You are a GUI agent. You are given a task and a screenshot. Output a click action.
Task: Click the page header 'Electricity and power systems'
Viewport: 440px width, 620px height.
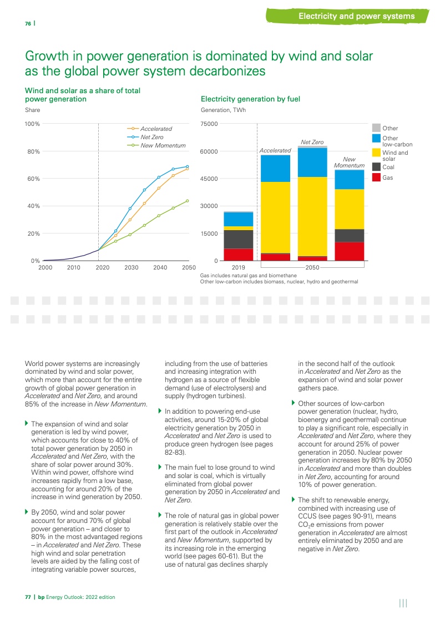click(x=357, y=16)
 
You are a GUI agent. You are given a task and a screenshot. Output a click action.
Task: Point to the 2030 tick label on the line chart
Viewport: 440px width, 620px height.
click(x=132, y=268)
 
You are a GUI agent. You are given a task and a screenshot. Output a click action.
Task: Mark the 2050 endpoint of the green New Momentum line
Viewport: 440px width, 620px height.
click(x=187, y=201)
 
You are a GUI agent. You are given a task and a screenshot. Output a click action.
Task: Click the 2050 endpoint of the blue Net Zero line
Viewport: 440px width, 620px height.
click(x=187, y=166)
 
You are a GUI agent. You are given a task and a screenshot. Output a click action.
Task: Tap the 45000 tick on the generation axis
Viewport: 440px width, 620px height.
click(x=209, y=179)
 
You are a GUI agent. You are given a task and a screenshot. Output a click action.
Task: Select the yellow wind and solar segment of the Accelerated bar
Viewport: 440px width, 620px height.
click(x=275, y=217)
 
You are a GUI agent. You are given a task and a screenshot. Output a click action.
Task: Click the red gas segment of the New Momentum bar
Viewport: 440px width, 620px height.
click(x=350, y=251)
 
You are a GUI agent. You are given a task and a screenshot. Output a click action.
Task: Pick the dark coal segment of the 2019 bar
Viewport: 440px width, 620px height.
click(x=239, y=239)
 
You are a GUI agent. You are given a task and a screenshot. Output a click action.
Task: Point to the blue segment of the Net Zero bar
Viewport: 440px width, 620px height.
click(x=312, y=162)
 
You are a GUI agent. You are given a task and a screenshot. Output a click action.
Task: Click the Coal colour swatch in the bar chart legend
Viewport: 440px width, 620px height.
click(x=376, y=167)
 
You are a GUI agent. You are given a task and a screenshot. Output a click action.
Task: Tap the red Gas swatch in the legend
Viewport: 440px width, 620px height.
click(x=376, y=177)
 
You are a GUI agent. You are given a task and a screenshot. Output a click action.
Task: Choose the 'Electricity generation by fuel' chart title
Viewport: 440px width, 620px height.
click(x=250, y=99)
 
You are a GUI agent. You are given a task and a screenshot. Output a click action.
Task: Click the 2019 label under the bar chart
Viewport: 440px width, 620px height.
click(x=238, y=268)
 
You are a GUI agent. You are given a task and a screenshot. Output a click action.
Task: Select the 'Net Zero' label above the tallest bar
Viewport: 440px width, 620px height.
click(x=312, y=142)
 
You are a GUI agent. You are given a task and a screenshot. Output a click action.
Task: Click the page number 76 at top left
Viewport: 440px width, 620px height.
click(x=28, y=24)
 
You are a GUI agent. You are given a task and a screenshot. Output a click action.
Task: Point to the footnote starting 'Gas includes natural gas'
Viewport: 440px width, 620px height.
click(x=249, y=276)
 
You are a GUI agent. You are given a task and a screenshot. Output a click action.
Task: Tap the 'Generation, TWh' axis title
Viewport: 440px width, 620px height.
click(x=223, y=110)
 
